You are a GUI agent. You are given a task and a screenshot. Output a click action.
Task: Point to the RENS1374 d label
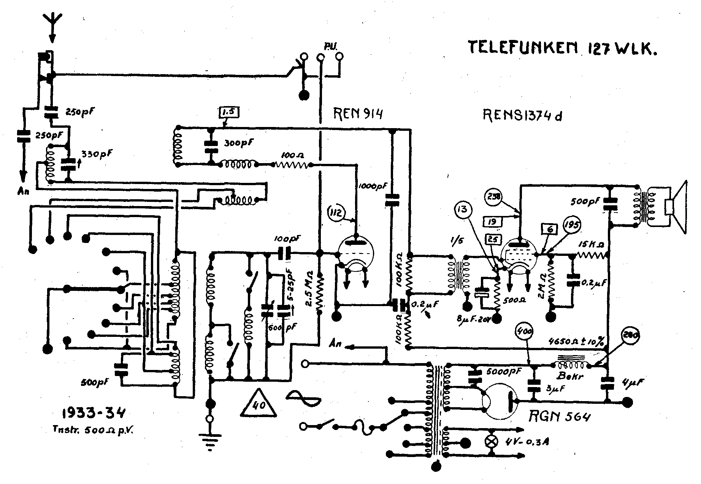coord(522,115)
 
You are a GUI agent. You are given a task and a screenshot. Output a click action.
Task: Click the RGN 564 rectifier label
coord(560,417)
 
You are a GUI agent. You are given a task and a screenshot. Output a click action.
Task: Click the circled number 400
coord(525,332)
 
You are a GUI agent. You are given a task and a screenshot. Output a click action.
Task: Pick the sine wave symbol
coord(304,398)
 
